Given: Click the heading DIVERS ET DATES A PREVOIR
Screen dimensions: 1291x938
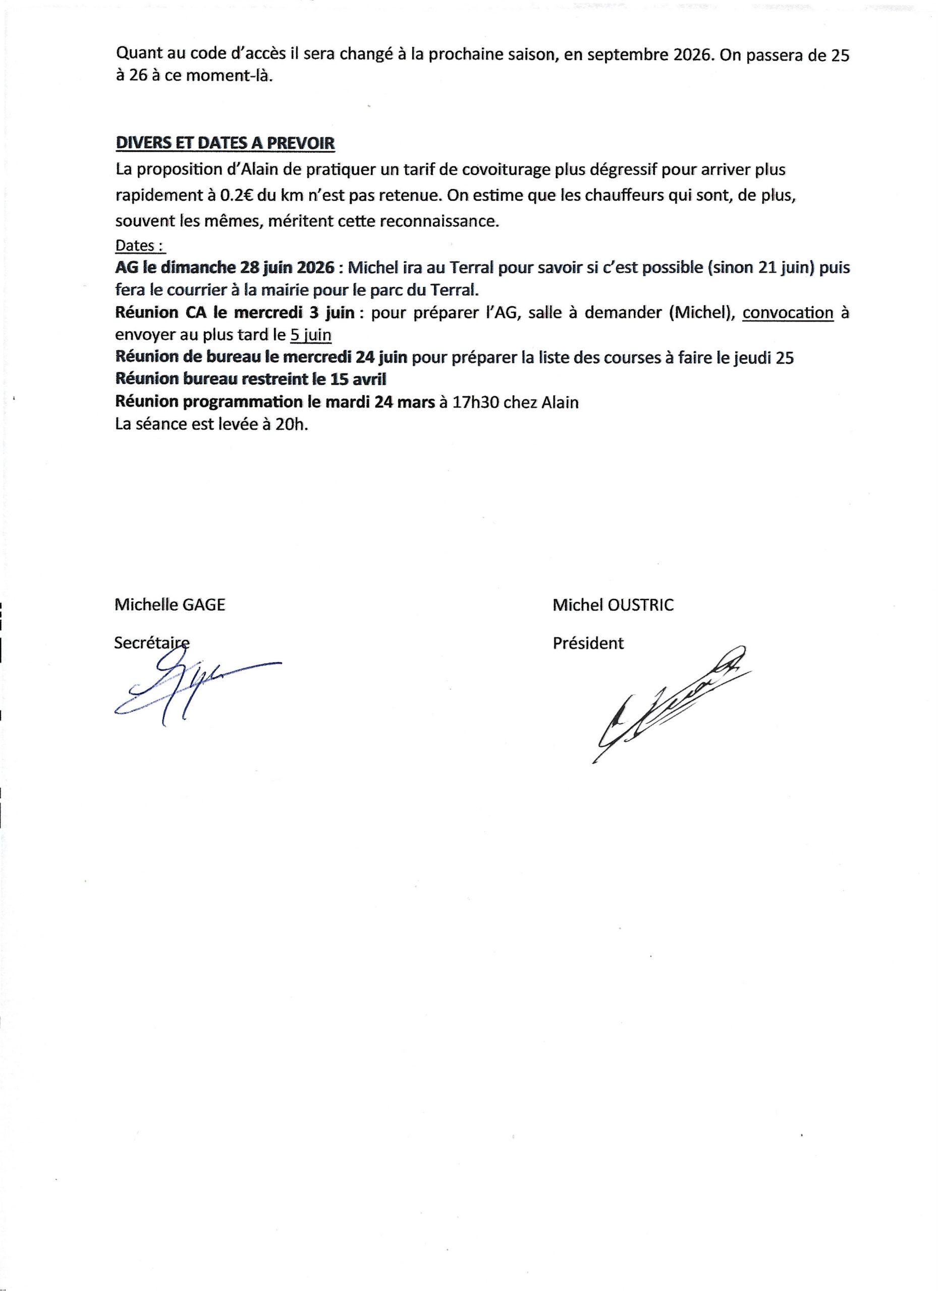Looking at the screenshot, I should click(x=225, y=143).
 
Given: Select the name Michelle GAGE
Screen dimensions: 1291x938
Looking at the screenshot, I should click(x=170, y=605).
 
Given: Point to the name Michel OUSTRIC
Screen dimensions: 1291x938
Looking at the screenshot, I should click(x=613, y=605).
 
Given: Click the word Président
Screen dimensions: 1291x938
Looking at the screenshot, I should click(x=588, y=643).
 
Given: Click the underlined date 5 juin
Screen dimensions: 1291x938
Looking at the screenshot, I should click(x=310, y=335).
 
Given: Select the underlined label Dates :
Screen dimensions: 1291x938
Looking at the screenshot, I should click(x=140, y=246).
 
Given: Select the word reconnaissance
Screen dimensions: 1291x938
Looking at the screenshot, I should click(x=439, y=221).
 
